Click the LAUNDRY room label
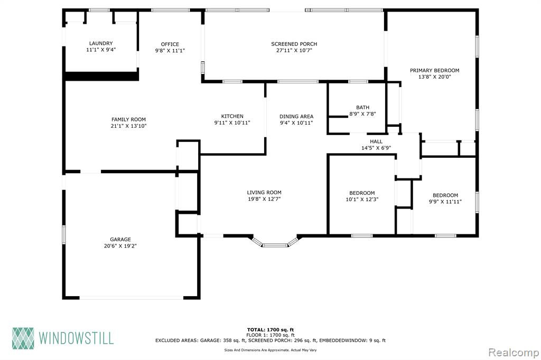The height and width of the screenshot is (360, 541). (x=101, y=43)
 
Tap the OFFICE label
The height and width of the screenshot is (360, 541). (x=170, y=44)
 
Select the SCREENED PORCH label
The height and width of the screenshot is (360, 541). (x=294, y=44)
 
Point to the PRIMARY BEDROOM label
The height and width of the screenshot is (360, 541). (x=434, y=70)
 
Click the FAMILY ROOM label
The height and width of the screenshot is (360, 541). (x=128, y=119)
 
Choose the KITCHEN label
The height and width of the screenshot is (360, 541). (x=232, y=116)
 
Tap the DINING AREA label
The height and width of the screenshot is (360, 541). (x=296, y=116)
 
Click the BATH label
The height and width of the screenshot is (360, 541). (x=362, y=107)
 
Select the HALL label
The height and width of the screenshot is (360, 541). (x=376, y=141)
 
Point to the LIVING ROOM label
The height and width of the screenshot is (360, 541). (x=264, y=193)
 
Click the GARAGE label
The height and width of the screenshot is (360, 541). (x=120, y=239)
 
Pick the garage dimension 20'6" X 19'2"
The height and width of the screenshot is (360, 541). (x=120, y=246)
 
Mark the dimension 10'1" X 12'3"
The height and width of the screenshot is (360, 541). (x=362, y=200)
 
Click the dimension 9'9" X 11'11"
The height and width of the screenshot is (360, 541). (x=445, y=202)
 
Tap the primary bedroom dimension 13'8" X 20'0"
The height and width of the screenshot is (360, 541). (x=434, y=77)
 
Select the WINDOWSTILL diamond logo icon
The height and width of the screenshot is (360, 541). (x=23, y=338)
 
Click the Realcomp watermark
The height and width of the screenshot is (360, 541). (x=514, y=353)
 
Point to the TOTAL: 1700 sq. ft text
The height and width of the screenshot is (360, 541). (x=270, y=330)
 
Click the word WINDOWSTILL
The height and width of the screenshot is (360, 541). (x=76, y=338)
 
